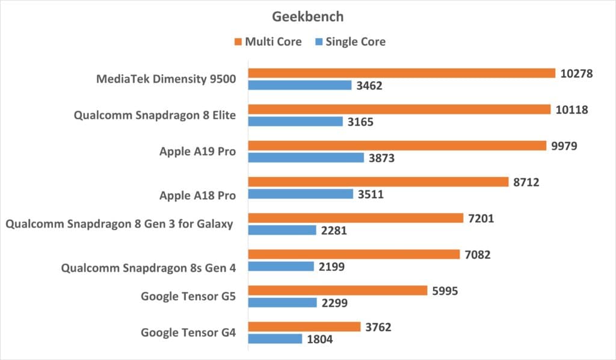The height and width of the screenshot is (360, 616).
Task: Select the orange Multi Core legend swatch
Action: point(239,42)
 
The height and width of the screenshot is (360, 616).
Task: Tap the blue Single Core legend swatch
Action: point(319,42)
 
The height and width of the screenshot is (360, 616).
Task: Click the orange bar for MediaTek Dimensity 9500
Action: point(402,73)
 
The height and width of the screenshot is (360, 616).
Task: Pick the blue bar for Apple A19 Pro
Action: point(306,158)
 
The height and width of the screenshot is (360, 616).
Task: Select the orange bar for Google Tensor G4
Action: point(304,326)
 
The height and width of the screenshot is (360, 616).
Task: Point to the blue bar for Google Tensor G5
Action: point(283,303)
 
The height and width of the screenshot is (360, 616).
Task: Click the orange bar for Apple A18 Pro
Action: point(378,182)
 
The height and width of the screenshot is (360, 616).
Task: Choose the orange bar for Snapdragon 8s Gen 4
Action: point(354,254)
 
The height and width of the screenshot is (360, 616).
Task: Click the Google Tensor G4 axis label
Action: point(188,332)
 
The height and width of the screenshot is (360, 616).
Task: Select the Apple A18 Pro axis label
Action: point(197,195)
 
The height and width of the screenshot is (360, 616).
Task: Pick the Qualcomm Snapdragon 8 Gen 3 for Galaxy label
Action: point(119,225)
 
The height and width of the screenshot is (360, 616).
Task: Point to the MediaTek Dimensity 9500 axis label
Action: point(166,79)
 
